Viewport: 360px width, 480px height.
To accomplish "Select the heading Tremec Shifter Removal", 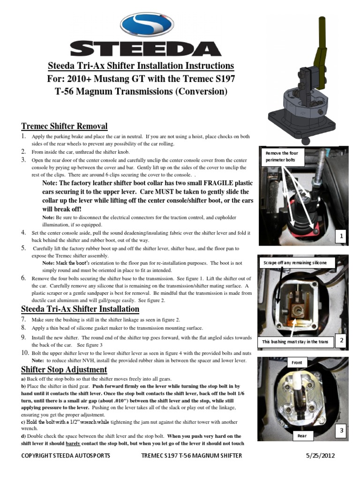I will [64, 126].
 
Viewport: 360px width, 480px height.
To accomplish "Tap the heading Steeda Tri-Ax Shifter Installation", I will [80, 308].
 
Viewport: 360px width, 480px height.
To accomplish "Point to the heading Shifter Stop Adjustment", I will [64, 369].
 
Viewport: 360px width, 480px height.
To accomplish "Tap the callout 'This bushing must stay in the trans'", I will [295, 342].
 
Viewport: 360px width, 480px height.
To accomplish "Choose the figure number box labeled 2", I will [342, 341].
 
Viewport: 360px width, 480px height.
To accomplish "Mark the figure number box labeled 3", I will [342, 430].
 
